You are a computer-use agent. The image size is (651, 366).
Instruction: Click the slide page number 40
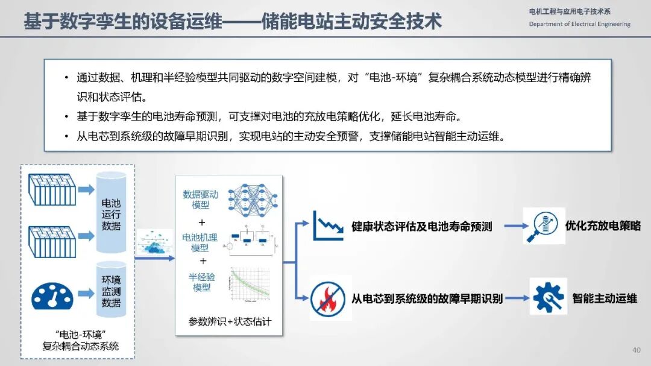click(637, 350)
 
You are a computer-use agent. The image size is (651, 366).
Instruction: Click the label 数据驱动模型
click(200, 200)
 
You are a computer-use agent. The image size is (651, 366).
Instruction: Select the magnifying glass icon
click(544, 226)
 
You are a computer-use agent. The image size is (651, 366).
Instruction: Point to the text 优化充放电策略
click(603, 226)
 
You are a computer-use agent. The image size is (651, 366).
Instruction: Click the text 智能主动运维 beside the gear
click(605, 298)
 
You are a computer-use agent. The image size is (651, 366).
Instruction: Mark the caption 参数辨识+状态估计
click(230, 322)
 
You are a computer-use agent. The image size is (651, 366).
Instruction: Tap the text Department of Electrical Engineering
click(579, 24)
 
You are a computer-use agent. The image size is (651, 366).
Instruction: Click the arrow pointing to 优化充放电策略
click(512, 227)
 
